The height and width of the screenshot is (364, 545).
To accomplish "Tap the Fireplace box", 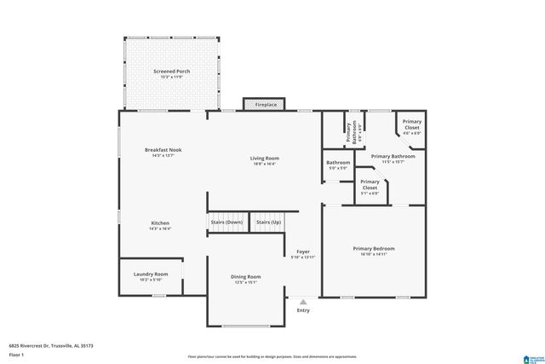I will coord(266,104).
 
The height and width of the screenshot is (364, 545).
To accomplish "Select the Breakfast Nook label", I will coord(162,153).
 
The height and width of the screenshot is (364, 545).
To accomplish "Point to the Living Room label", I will coord(264,161).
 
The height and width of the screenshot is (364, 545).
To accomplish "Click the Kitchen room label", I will coord(160,225).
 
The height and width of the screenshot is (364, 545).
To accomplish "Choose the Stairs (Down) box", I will coord(227,222).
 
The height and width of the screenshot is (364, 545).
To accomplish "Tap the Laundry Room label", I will coord(151,277).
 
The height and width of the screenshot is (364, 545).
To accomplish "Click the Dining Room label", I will coord(245,279).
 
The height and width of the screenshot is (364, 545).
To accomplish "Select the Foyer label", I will coord(302,254).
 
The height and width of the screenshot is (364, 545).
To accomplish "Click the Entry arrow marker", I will coord(303,300).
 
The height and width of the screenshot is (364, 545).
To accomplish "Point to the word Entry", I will coord(303,310).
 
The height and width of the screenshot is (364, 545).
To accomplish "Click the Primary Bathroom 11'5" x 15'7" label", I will coord(393,159).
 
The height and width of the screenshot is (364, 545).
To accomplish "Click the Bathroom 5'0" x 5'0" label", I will coord(338,165).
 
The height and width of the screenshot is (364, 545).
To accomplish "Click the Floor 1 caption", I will coord(16,354).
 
